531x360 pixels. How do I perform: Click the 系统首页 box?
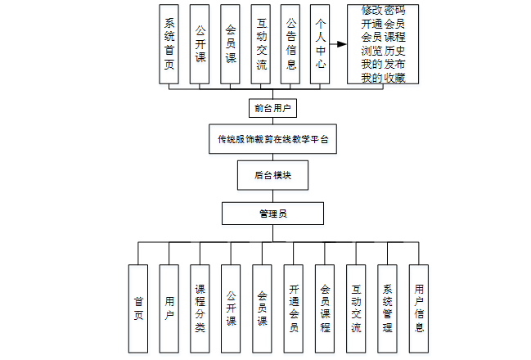point(169,44)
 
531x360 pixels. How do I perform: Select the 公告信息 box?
point(291,44)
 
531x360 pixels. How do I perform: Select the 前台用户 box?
point(272,108)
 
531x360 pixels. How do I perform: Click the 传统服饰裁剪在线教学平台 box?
point(272,139)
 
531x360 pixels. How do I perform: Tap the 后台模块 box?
point(272,175)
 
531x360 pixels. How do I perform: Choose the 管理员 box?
point(272,213)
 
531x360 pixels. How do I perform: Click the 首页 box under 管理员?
point(138,308)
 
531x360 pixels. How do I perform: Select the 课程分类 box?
point(200,308)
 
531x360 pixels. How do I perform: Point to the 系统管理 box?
point(388,308)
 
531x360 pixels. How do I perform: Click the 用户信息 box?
point(419,308)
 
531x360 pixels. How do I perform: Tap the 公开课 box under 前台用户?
point(200,44)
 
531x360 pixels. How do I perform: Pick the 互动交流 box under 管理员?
point(356,308)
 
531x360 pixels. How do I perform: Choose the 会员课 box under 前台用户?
point(232,44)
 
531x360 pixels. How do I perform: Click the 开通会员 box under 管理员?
point(294,308)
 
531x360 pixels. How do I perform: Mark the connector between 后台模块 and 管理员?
point(272,196)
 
